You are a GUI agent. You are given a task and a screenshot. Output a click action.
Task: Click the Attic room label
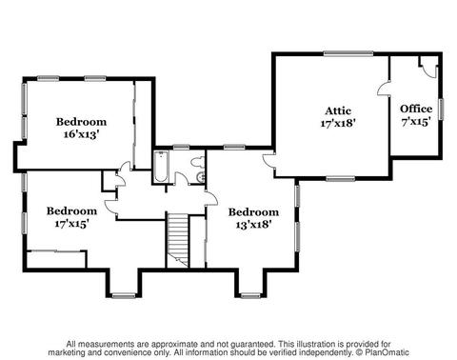tap(338, 110)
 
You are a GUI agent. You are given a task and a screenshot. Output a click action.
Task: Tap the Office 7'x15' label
tap(416, 115)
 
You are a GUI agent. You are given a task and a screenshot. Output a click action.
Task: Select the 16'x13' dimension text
tap(82, 134)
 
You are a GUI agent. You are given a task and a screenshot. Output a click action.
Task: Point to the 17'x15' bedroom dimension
tap(71, 224)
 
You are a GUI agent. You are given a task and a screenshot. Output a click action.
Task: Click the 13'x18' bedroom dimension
tap(253, 225)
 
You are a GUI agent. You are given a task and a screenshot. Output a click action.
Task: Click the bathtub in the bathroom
tap(161, 167)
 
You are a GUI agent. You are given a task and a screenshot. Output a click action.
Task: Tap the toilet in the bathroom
tap(198, 162)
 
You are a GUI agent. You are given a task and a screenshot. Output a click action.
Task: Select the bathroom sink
tap(201, 177)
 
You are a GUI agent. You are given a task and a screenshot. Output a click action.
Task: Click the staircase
tap(178, 240)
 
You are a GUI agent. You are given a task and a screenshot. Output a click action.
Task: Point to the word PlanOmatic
tap(387, 352)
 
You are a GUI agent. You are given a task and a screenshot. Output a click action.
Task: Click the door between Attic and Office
tap(384, 88)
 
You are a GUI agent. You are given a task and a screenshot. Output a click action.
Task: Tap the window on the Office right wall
tap(441, 110)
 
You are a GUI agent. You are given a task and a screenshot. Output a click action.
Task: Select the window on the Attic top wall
tap(348, 53)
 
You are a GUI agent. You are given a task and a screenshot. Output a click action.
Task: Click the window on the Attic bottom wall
tap(341, 179)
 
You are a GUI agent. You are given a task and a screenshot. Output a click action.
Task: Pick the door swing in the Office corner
tap(429, 70)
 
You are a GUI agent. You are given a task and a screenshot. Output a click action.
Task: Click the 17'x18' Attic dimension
tap(337, 123)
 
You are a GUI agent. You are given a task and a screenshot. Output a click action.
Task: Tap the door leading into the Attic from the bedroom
tap(269, 163)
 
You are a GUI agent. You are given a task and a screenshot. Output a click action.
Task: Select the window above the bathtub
tap(181, 147)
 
